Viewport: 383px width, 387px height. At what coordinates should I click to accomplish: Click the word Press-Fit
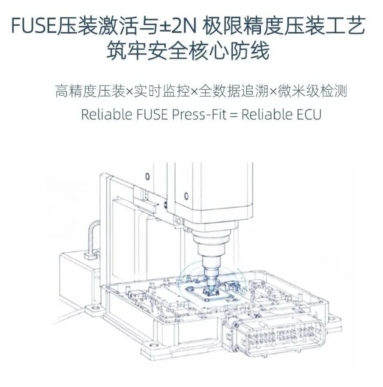point(199,114)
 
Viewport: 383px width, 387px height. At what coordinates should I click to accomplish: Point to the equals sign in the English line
point(233,115)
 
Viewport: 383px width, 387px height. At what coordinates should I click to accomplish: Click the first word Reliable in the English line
point(107,114)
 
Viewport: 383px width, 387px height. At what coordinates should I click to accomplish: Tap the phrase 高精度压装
point(90,91)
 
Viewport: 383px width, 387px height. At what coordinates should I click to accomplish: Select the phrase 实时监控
point(162,91)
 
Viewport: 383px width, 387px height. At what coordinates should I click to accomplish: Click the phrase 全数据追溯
point(233,91)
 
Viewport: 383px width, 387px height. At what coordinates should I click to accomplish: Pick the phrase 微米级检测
point(312,91)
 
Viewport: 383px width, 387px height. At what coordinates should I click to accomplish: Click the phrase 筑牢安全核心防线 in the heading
point(188,51)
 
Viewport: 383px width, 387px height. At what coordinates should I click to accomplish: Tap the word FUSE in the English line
point(152,114)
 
